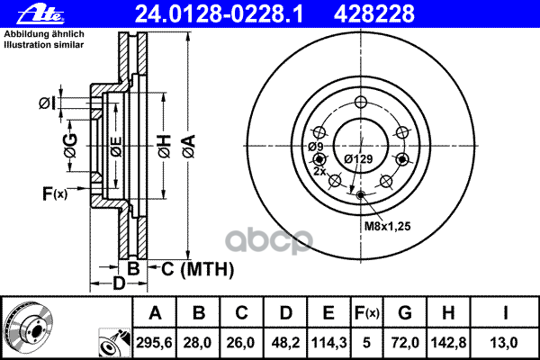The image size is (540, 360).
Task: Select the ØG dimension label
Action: pyautogui.click(x=69, y=142)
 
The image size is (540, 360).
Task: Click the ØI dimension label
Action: pyautogui.click(x=48, y=105)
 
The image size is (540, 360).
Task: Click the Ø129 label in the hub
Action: pyautogui.click(x=358, y=159)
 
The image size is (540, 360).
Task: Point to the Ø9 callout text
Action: pyautogui.click(x=316, y=147)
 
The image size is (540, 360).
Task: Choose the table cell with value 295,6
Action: pyautogui.click(x=155, y=341)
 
